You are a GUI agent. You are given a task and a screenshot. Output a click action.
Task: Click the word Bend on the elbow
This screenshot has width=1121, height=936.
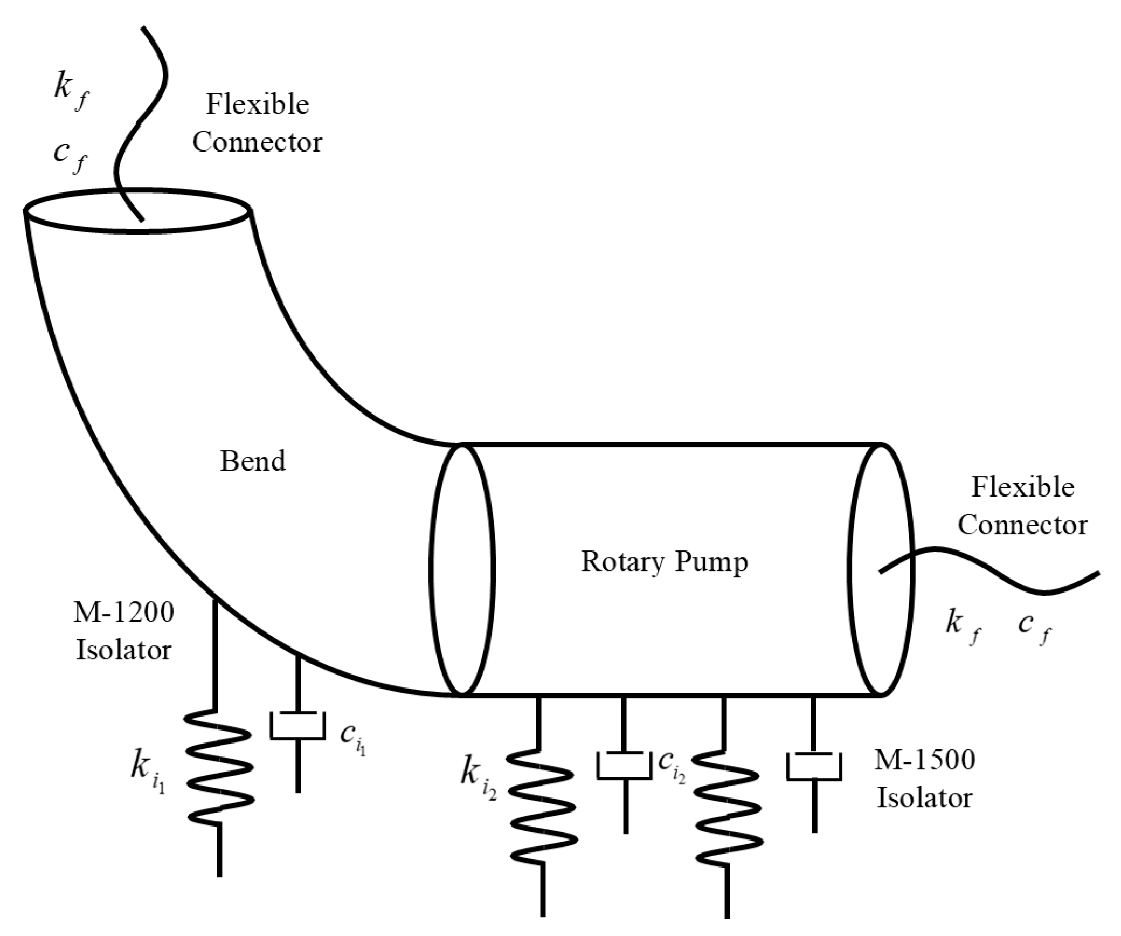[252, 462]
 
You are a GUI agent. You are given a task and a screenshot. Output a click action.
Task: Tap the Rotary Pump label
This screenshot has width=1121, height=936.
[664, 562]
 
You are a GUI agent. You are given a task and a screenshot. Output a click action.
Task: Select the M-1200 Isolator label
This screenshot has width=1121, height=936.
[123, 631]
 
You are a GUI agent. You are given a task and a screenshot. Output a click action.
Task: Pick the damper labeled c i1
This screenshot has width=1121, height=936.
[298, 726]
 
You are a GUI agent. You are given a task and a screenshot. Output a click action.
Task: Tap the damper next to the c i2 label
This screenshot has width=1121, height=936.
[624, 766]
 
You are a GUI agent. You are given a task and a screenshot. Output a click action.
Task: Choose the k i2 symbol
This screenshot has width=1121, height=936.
[478, 774]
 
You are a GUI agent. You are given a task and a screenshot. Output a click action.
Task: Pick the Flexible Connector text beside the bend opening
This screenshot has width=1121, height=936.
[257, 123]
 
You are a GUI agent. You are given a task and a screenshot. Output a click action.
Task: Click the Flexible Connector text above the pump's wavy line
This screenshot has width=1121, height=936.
[1022, 506]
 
